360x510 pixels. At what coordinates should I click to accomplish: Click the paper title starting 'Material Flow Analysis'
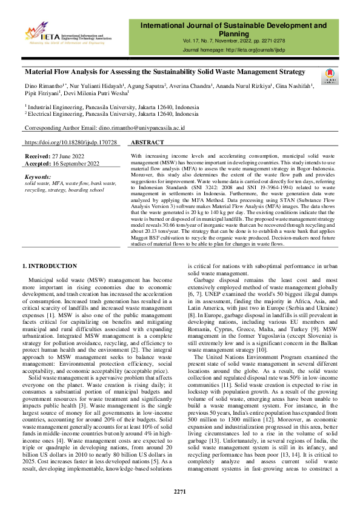(164, 72)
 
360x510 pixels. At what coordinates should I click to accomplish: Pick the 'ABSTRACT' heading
(147, 143)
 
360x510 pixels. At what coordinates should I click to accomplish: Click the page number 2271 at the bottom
(180, 491)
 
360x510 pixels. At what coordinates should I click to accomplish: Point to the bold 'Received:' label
(38, 156)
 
